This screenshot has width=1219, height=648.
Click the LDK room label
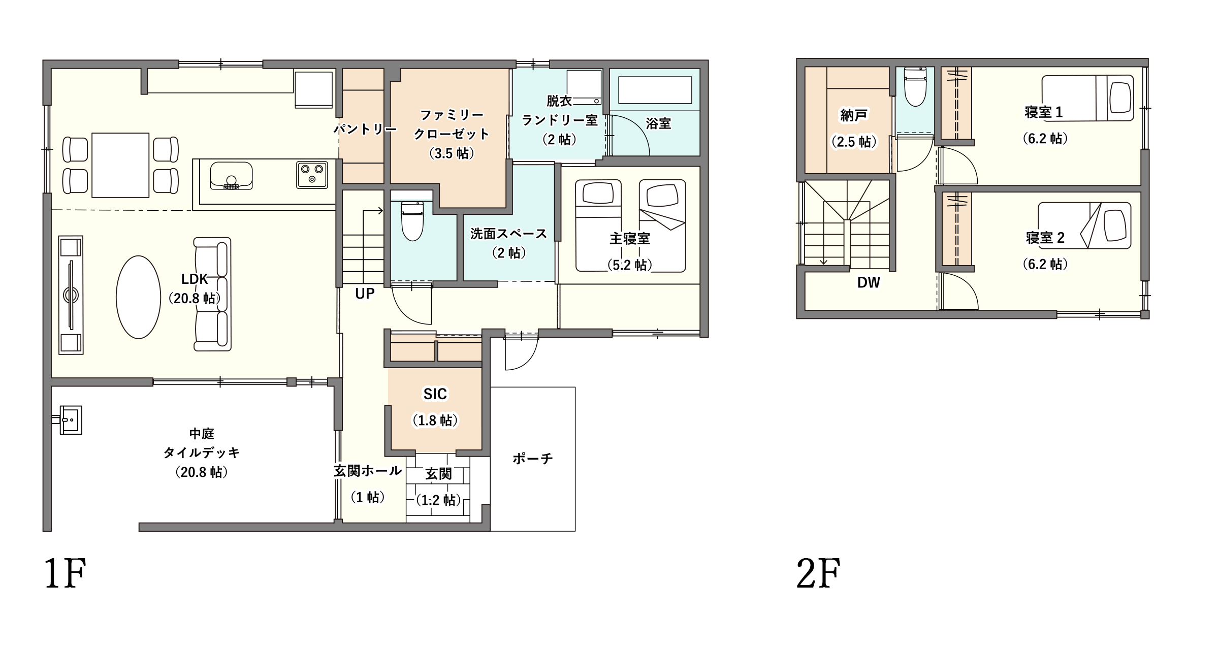(x=195, y=279)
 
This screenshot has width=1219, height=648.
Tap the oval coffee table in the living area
(x=139, y=297)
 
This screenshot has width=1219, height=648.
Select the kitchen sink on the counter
(x=231, y=176)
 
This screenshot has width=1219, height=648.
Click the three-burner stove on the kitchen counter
(x=312, y=175)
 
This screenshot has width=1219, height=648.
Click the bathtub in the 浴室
(x=655, y=90)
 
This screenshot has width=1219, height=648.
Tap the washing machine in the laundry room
(x=584, y=87)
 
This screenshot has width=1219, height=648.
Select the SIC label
(x=435, y=394)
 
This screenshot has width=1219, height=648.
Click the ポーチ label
(x=532, y=459)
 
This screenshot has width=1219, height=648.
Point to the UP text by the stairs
(x=365, y=294)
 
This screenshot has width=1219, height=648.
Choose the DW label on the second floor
(x=869, y=283)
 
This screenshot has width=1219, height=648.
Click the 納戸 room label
(x=854, y=116)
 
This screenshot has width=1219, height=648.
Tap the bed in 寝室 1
(x=1087, y=98)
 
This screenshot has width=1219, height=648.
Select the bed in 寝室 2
(x=1084, y=225)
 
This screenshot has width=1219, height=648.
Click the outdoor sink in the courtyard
(x=70, y=420)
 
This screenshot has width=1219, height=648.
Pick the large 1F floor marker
(x=65, y=573)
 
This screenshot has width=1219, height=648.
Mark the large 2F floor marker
(x=818, y=573)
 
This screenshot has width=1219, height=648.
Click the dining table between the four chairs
(x=120, y=165)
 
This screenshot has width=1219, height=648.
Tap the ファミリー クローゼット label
(x=452, y=125)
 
